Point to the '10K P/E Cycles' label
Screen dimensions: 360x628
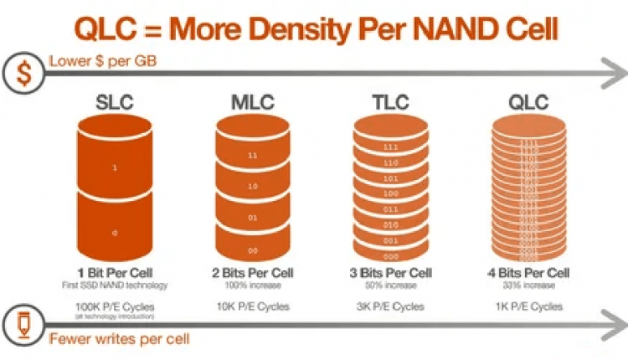252,306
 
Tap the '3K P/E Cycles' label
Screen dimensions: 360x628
390,306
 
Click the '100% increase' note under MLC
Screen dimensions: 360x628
252,285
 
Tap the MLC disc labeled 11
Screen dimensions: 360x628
252,156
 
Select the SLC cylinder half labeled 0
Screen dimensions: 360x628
114,230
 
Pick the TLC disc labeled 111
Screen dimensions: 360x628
390,146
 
